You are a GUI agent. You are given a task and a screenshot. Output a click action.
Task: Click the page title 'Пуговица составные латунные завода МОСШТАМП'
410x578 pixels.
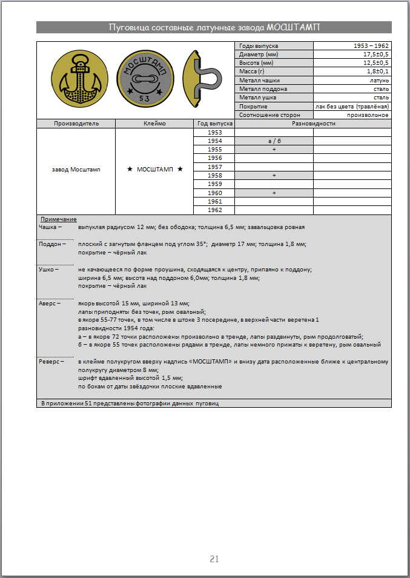click(x=214, y=27)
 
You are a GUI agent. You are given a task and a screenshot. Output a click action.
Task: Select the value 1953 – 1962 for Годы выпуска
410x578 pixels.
click(x=371, y=46)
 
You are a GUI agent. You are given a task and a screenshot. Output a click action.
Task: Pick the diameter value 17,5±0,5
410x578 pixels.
click(x=375, y=55)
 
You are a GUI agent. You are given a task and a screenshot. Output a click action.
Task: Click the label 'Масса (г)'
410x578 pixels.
click(x=252, y=71)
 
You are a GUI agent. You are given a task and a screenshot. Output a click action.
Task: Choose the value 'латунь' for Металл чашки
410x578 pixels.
click(x=379, y=80)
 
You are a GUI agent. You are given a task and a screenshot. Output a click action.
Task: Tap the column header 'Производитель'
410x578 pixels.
click(x=76, y=124)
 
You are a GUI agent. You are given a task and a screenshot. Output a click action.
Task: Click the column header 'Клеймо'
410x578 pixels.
click(x=154, y=124)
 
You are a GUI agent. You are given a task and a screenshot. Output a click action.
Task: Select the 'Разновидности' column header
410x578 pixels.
click(x=312, y=124)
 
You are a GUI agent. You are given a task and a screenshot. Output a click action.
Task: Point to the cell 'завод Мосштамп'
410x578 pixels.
click(x=76, y=170)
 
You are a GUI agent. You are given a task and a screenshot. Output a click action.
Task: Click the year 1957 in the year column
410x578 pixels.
click(x=214, y=167)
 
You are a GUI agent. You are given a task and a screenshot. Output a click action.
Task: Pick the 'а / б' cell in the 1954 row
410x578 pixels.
click(x=274, y=141)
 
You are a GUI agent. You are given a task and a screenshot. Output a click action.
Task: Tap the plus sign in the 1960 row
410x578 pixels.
click(x=274, y=193)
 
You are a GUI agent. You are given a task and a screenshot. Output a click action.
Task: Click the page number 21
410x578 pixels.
click(x=214, y=559)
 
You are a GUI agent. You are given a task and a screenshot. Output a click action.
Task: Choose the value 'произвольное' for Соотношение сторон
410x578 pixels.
click(x=368, y=115)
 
